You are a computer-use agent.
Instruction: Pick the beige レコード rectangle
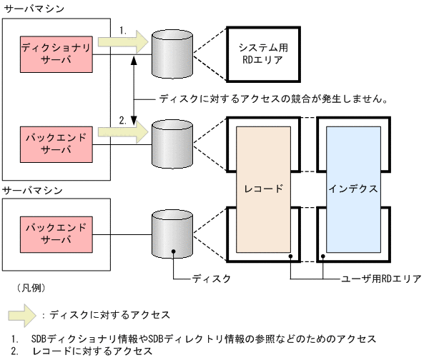click(264, 189)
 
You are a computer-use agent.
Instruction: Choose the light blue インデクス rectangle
click(352, 189)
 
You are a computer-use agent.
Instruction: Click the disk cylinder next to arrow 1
click(172, 54)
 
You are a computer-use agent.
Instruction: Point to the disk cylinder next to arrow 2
click(172, 142)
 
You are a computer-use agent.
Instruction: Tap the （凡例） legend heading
click(30, 289)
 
